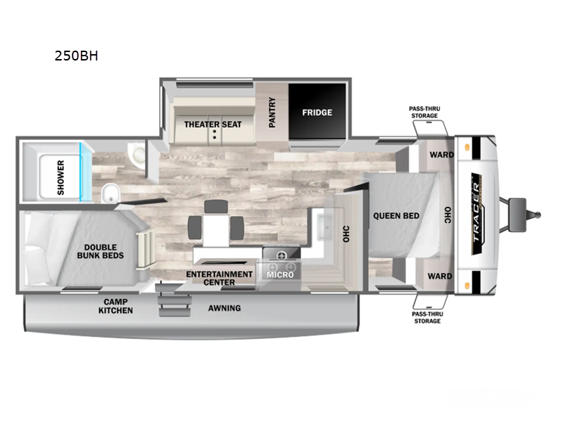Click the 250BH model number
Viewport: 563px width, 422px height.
coord(76,56)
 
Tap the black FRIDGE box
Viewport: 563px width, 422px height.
coord(317,111)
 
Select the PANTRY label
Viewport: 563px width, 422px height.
coord(272,112)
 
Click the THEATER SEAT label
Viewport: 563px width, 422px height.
coord(213,124)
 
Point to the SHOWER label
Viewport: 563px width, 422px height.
coord(61,178)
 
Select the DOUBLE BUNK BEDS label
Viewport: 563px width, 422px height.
coord(101,252)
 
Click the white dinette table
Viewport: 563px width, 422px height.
coord(216,230)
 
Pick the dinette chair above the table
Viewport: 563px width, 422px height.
coord(216,206)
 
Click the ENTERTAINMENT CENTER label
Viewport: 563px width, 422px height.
coord(220,278)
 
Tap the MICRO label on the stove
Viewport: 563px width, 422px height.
coord(280,275)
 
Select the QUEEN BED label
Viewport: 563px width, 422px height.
coord(396,216)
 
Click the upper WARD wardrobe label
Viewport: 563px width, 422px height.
coord(442,155)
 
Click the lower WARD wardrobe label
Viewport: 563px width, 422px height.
coord(440,276)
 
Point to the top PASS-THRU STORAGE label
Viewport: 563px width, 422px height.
coord(424,112)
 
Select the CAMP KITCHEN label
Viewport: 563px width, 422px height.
coord(115,306)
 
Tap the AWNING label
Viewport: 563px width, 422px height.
coord(224,308)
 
